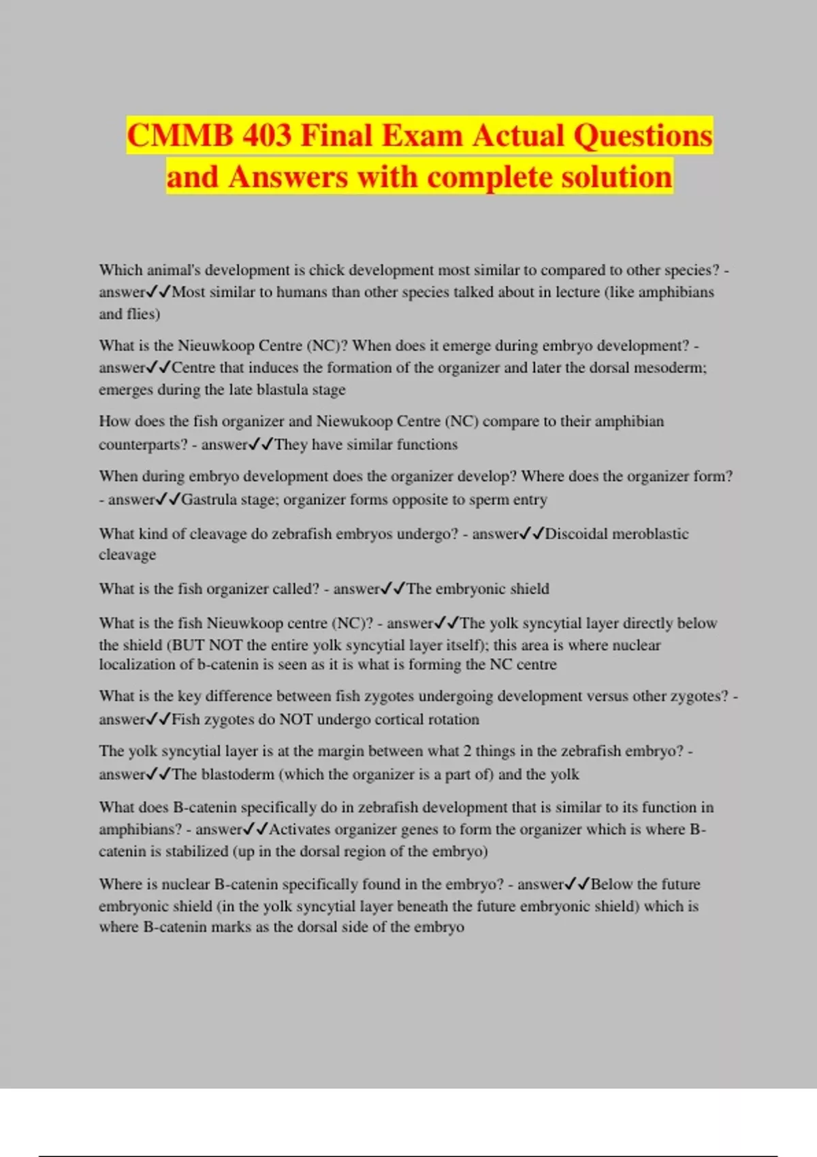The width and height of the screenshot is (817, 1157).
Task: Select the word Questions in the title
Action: [643, 135]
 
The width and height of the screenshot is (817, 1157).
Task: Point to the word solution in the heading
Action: [617, 177]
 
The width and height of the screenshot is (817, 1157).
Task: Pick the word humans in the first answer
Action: [301, 292]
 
